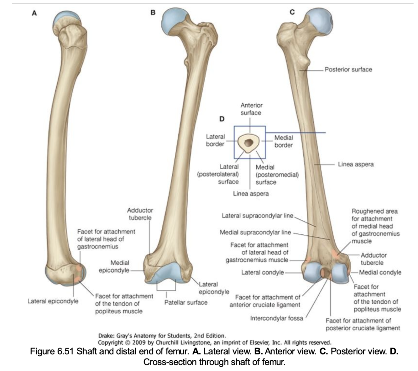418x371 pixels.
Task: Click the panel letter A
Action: click(34, 13)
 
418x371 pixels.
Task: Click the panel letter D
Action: click(222, 119)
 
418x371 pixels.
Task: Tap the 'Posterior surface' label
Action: click(348, 69)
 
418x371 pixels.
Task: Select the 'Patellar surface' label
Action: click(186, 302)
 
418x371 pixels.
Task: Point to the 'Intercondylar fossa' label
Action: click(276, 318)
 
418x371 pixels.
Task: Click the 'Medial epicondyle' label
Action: click(114, 266)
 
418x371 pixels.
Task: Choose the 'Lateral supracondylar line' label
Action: click(257, 216)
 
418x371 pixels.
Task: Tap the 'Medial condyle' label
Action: click(380, 272)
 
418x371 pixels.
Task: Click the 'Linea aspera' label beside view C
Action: click(356, 164)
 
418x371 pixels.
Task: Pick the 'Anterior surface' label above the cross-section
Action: click(251, 109)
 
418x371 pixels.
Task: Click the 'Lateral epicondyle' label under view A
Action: click(53, 301)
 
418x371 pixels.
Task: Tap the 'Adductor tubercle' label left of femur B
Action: click(140, 214)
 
